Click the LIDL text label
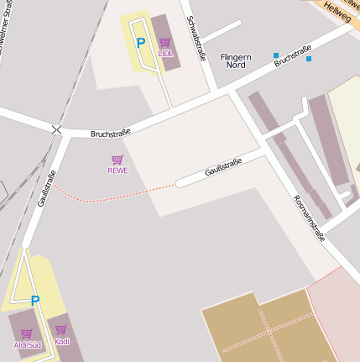click(x=165, y=53)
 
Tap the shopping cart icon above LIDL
click(x=165, y=42)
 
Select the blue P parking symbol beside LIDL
click(x=141, y=43)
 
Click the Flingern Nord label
click(x=235, y=60)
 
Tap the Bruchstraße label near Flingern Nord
click(x=292, y=55)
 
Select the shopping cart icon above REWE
click(x=117, y=159)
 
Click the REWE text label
click(x=117, y=170)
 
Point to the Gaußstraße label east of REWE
click(x=223, y=166)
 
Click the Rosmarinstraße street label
click(x=309, y=218)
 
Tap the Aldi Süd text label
click(x=27, y=344)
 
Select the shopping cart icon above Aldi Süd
click(x=27, y=333)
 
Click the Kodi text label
click(x=62, y=342)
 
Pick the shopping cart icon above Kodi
click(x=61, y=330)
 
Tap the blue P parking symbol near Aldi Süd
click(x=35, y=300)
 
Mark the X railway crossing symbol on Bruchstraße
click(x=56, y=129)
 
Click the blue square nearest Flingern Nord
click(x=276, y=55)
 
